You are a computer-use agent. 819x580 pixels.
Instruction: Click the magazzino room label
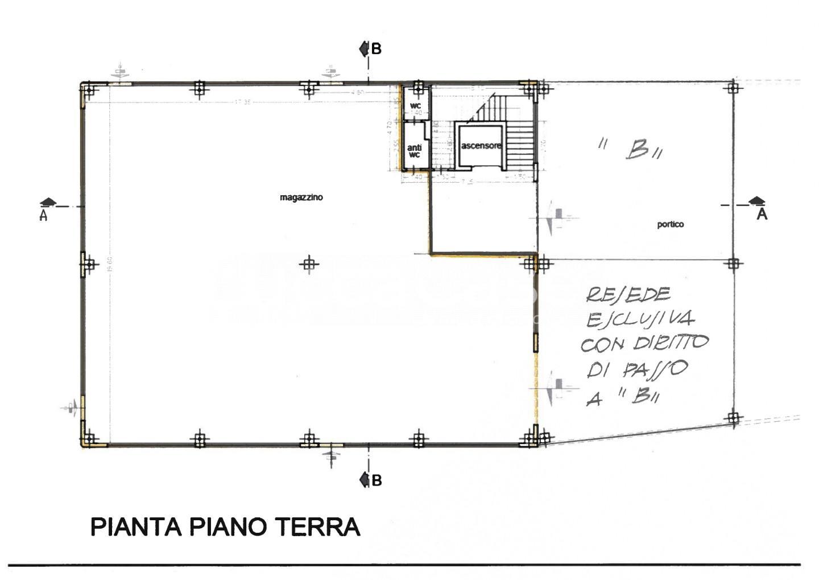coord(301,198)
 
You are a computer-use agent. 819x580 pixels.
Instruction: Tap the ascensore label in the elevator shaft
coord(481,146)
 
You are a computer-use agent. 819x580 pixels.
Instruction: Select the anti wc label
coord(414,151)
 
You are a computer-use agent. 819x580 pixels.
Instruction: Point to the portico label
coord(670,224)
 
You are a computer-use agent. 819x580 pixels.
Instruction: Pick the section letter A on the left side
coord(43,216)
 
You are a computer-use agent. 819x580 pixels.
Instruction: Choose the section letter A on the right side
coord(762,215)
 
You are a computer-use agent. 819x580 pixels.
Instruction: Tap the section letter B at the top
coord(376,50)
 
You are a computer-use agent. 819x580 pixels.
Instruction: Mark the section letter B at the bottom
coord(376,480)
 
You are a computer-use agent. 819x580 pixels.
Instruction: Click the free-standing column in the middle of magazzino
coord(308,264)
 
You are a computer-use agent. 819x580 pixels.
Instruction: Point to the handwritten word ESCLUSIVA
coord(639,319)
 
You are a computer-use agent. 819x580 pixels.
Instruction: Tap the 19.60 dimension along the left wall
coord(109,264)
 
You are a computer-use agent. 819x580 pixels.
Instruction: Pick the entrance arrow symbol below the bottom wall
coord(332,457)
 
